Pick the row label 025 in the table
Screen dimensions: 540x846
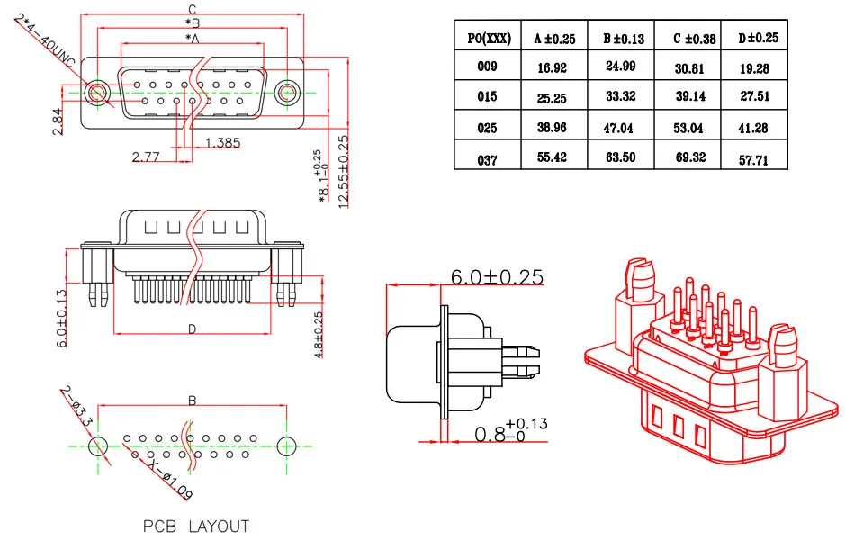coord(487,128)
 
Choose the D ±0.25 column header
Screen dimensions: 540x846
coord(758,38)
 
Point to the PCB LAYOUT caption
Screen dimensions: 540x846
coord(195,525)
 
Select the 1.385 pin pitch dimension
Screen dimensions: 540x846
coord(222,142)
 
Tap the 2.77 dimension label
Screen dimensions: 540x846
coord(147,157)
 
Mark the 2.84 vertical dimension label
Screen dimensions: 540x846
coord(58,121)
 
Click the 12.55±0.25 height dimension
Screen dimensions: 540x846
coord(343,171)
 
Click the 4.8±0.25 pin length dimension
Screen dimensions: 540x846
coord(319,335)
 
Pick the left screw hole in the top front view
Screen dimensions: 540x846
coord(96,92)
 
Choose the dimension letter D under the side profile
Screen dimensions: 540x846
coord(192,329)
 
